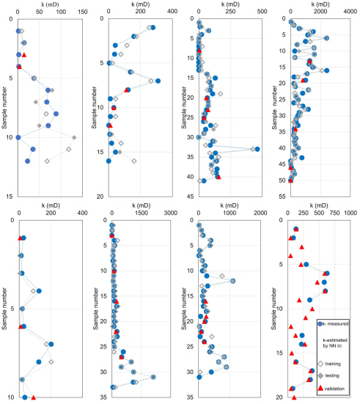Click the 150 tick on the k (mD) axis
click(98, 12)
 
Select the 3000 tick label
click(170, 213)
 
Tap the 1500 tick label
click(141, 213)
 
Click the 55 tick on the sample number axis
click(281, 197)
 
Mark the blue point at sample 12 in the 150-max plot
click(28, 161)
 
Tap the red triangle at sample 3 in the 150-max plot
click(24, 55)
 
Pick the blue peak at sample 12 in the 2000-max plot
click(232, 281)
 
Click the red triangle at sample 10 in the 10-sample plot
click(33, 397)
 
